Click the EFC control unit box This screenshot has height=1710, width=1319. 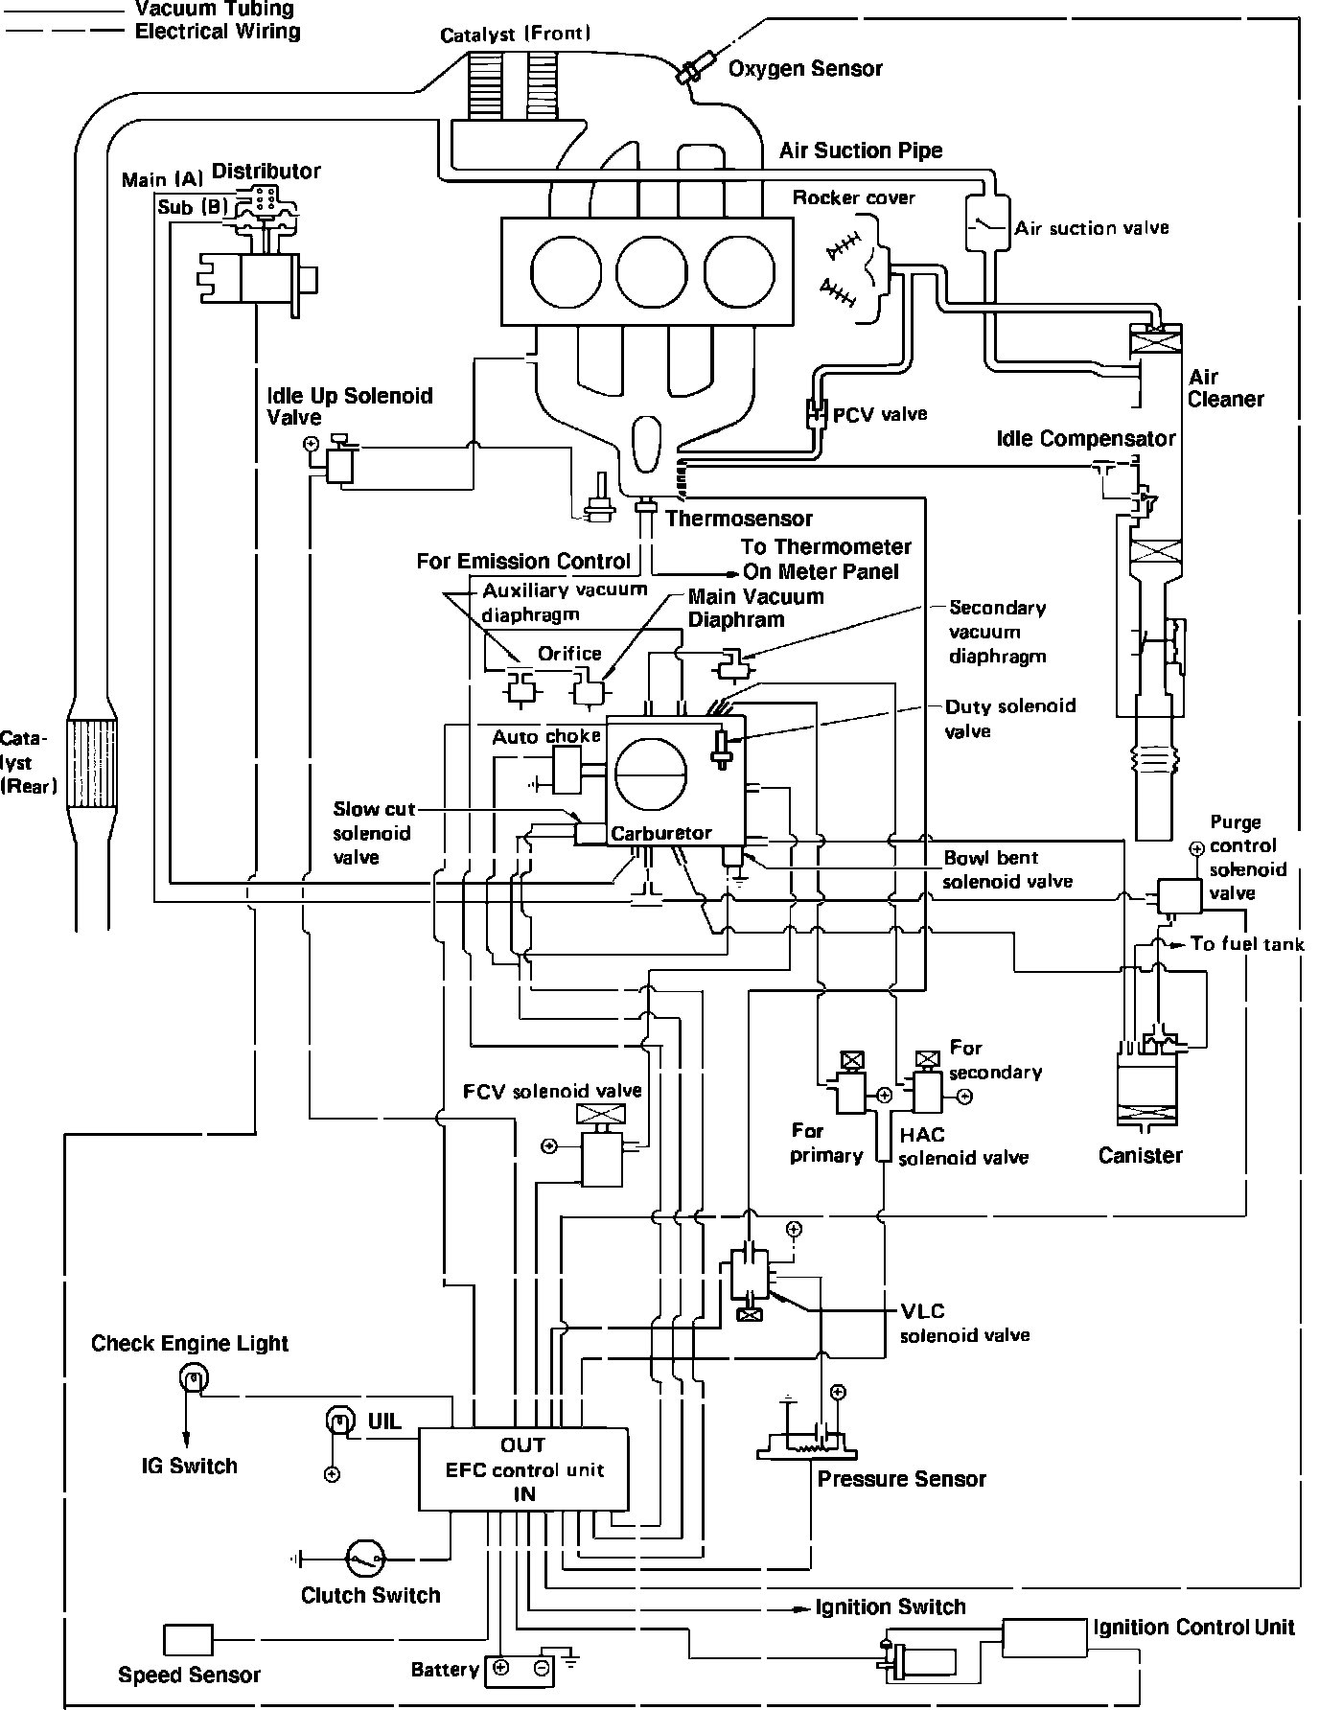coord(523,1469)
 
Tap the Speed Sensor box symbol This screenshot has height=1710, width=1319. coord(188,1640)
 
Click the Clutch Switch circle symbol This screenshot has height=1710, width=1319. coord(365,1559)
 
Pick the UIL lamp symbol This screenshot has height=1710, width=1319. coord(340,1420)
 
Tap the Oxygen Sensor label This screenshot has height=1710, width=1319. coord(805,68)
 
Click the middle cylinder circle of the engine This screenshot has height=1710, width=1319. coord(652,269)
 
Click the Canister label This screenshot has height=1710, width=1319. coord(1140,1155)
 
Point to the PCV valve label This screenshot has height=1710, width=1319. coord(880,414)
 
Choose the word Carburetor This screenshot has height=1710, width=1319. coord(661,833)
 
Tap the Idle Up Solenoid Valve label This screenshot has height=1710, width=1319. coord(350,406)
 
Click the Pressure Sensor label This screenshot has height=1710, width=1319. coord(901,1478)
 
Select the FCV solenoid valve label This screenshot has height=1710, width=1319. coord(552,1091)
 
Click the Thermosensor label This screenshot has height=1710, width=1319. coord(739,519)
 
